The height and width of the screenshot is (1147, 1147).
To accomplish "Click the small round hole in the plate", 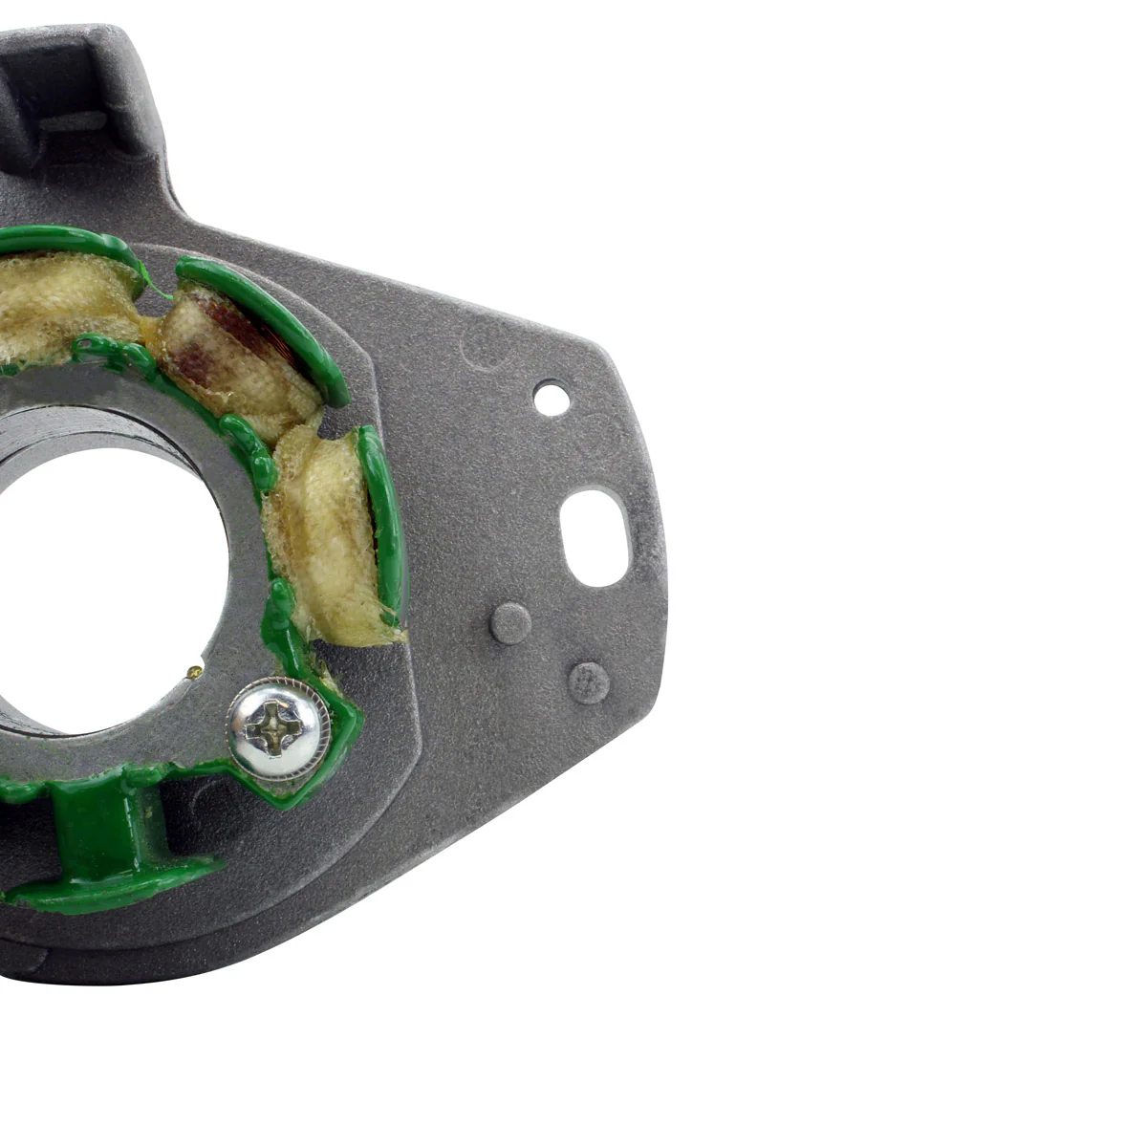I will pos(551,397).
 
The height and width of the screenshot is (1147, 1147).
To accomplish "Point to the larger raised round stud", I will pos(510,623).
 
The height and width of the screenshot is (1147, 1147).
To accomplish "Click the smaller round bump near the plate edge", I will pos(588,682).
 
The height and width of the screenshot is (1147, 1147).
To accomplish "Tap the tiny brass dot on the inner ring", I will pos(196,671).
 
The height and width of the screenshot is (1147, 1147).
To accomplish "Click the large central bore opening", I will pos(105,564).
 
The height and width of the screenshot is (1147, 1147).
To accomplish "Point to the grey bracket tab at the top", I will pos(76,96).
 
